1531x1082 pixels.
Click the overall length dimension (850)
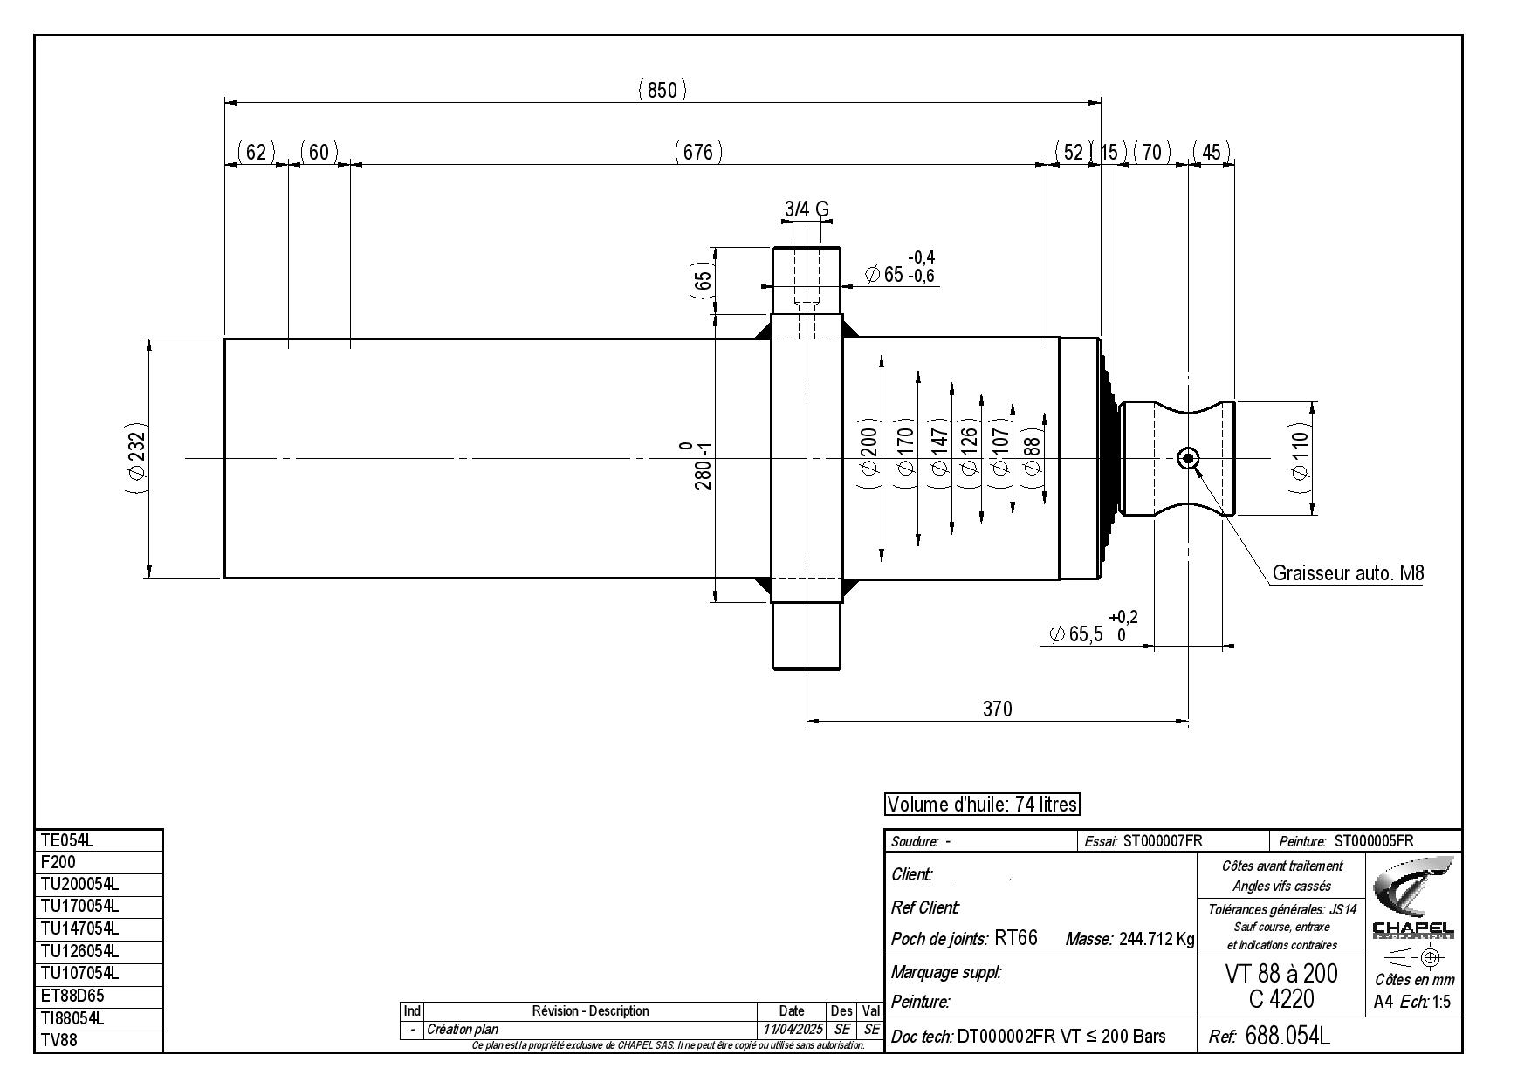tap(663, 90)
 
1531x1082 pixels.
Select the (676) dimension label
tap(698, 152)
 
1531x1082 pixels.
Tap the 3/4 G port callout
tap(807, 209)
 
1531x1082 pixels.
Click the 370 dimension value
tap(997, 709)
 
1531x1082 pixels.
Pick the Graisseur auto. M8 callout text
tap(1348, 573)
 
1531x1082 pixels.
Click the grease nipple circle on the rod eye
tap(1188, 458)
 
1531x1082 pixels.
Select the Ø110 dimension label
tap(1301, 458)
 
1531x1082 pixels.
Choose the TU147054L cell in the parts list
tap(99, 928)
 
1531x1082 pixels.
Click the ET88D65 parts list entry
tap(99, 996)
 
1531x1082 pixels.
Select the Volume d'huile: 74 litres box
tap(982, 805)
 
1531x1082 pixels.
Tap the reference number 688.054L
tap(1287, 1036)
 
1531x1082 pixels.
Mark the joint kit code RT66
tap(1016, 938)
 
